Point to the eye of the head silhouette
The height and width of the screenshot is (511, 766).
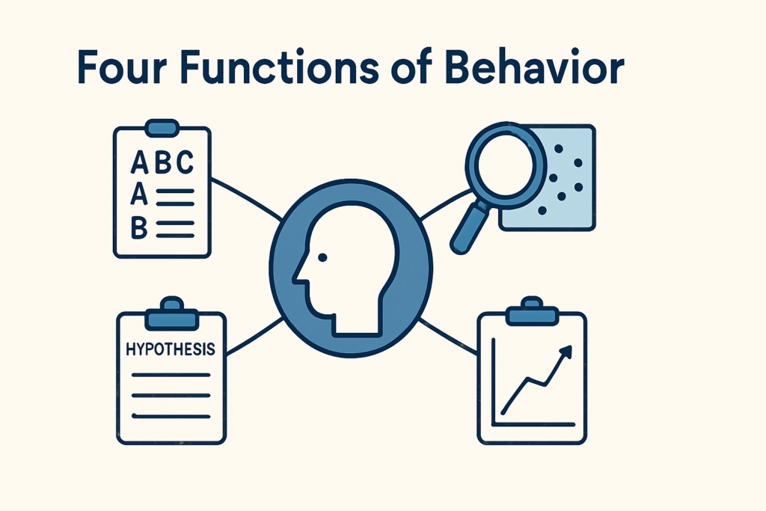(x=322, y=257)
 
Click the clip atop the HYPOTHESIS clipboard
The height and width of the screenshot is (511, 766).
(x=171, y=316)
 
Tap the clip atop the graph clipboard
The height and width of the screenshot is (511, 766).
(x=533, y=315)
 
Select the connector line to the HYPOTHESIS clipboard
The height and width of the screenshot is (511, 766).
(x=254, y=334)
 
